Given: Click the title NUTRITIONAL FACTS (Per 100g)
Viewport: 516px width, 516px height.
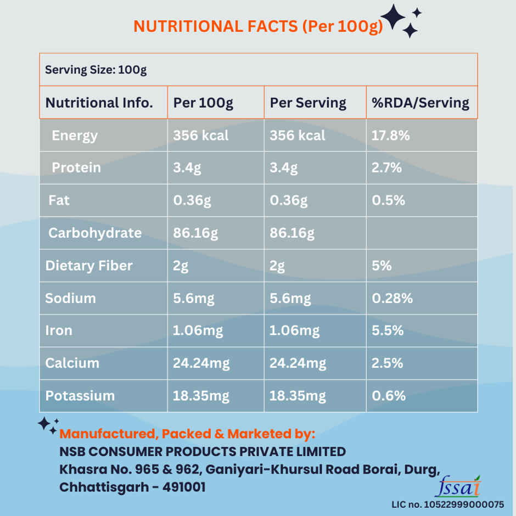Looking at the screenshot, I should tap(258, 26).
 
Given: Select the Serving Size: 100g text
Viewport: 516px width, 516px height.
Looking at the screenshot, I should tap(96, 70).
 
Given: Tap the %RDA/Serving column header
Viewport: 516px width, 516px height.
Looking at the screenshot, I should tap(420, 103).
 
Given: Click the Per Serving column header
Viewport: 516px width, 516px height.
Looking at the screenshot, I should tap(308, 103).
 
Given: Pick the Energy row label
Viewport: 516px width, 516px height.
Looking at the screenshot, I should tap(75, 136).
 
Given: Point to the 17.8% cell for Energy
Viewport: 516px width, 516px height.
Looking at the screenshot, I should tap(391, 136).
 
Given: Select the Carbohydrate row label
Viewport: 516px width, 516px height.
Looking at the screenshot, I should tap(95, 233).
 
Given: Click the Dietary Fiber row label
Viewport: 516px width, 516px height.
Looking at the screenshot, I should tap(89, 266).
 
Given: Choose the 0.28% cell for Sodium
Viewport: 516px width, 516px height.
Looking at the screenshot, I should tap(392, 298).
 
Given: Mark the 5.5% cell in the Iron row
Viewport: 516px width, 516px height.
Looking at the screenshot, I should tap(388, 330).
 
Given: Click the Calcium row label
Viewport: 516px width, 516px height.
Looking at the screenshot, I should tap(72, 363).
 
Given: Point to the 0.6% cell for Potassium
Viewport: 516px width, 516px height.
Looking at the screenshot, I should tap(389, 396).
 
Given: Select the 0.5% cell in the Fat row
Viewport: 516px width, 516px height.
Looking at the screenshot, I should tap(389, 200).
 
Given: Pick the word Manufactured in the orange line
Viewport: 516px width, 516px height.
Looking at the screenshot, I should tap(106, 434).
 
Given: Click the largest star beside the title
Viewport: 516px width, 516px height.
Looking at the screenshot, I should tap(393, 17).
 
